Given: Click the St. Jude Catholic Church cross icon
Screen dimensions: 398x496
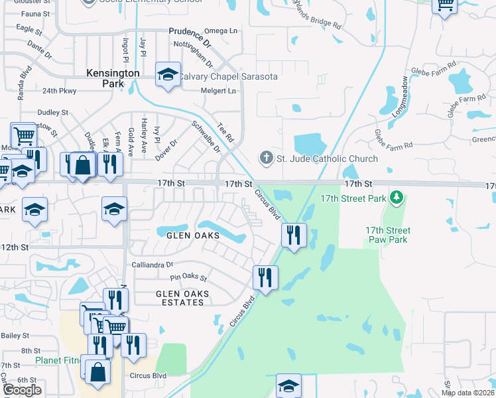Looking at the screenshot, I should coord(266,159).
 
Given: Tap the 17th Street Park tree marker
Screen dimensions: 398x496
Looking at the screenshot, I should coord(397,197).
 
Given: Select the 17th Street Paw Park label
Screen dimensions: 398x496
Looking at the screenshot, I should coord(388,235).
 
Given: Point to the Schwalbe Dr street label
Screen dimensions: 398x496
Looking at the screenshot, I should coord(206,136).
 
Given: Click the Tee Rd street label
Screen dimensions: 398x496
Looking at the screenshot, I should coord(225,133).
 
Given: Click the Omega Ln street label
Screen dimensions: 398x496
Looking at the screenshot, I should coord(221,31).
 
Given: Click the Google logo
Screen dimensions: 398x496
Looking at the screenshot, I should coord(21,389).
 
